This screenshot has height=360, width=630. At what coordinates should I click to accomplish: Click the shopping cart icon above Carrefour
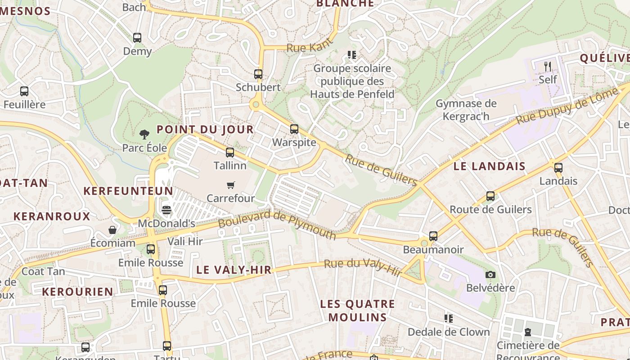coord(231,185)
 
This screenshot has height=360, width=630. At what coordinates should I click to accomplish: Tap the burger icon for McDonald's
coord(166,210)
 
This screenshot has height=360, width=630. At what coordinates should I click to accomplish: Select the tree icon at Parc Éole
coord(144,134)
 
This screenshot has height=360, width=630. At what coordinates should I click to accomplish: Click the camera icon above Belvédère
coord(490,274)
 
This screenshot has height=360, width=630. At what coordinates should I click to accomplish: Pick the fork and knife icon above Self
coord(548,66)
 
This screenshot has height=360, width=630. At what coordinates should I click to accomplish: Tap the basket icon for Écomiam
coord(112,230)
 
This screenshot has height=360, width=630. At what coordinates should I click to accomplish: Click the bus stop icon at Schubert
coord(258,74)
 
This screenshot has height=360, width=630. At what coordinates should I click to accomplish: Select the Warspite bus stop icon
coord(294,129)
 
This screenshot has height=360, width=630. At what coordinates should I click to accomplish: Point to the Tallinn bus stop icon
coord(230,152)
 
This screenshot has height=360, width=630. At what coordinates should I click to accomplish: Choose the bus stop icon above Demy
coord(137,38)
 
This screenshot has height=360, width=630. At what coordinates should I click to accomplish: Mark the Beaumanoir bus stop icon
coord(433,236)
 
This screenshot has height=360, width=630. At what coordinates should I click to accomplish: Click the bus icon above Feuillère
coord(24,91)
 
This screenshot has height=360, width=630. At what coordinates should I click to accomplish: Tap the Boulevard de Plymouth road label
coord(277,224)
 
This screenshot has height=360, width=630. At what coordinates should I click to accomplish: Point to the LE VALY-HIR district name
coord(234,270)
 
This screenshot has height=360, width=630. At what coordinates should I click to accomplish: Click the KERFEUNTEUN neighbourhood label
coord(128,191)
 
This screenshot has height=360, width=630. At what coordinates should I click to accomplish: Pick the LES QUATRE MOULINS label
coord(357,310)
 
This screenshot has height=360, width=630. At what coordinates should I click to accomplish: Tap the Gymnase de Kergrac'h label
coord(466,110)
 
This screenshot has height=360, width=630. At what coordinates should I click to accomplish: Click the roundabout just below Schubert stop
coord(256,105)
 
